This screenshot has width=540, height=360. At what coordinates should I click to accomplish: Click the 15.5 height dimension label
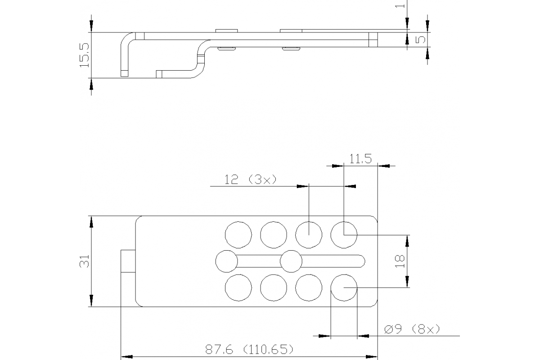point(85,55)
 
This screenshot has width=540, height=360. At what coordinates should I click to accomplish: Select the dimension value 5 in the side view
point(421,39)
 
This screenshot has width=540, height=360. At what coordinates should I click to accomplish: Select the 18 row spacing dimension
point(400,261)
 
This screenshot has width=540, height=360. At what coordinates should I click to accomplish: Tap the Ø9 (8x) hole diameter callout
point(412,329)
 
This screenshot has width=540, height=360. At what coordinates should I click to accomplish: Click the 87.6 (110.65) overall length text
point(250,349)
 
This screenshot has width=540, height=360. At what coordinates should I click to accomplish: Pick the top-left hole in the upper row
point(238,235)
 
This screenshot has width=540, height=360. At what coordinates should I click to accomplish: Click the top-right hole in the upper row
point(344,235)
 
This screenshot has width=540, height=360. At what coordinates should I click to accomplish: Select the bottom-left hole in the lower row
point(238,288)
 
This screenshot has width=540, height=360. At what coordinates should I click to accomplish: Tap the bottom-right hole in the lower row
point(344,288)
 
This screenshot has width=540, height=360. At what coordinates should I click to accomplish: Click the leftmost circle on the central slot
point(227,261)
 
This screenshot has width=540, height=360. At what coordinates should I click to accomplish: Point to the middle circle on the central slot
point(291,261)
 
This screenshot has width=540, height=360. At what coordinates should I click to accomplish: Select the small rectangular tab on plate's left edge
point(128,261)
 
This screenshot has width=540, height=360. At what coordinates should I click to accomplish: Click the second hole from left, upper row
point(274,235)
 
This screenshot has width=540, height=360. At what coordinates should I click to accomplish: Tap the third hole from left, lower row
point(309,288)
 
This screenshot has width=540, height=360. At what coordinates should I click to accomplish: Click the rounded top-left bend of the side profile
point(126,38)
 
